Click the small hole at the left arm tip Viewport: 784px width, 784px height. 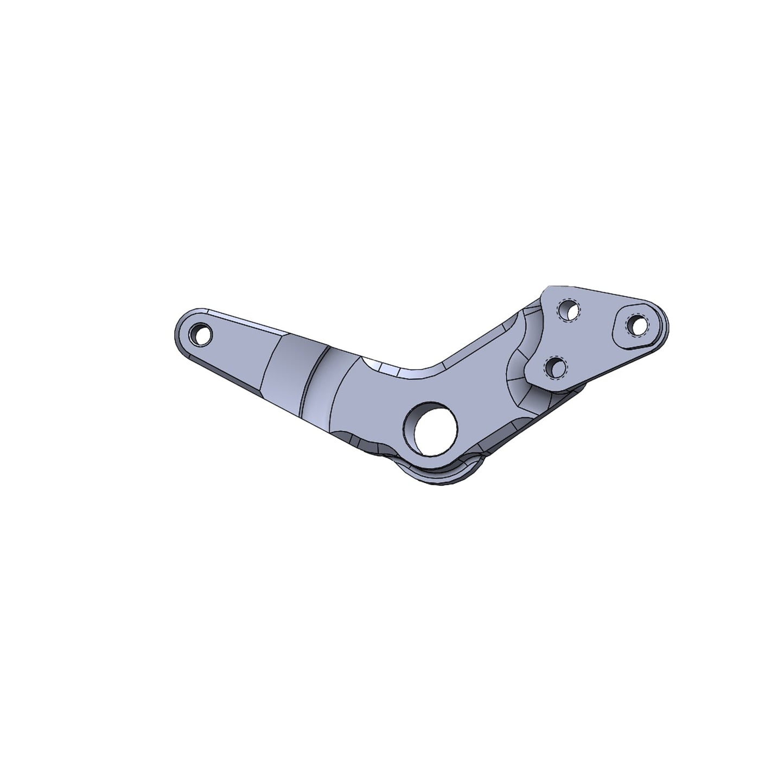coord(201,335)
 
